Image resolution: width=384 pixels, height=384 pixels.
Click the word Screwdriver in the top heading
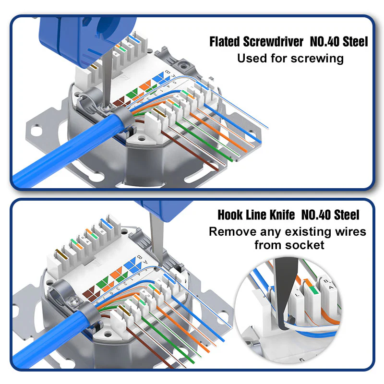pos(273,42)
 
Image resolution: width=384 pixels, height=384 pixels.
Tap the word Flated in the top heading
pos(224,42)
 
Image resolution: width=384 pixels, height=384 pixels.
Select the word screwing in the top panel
pos(317,59)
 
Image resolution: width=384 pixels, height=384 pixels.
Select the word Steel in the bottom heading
pos(347,215)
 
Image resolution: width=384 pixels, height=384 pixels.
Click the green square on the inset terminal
pos(314,290)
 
